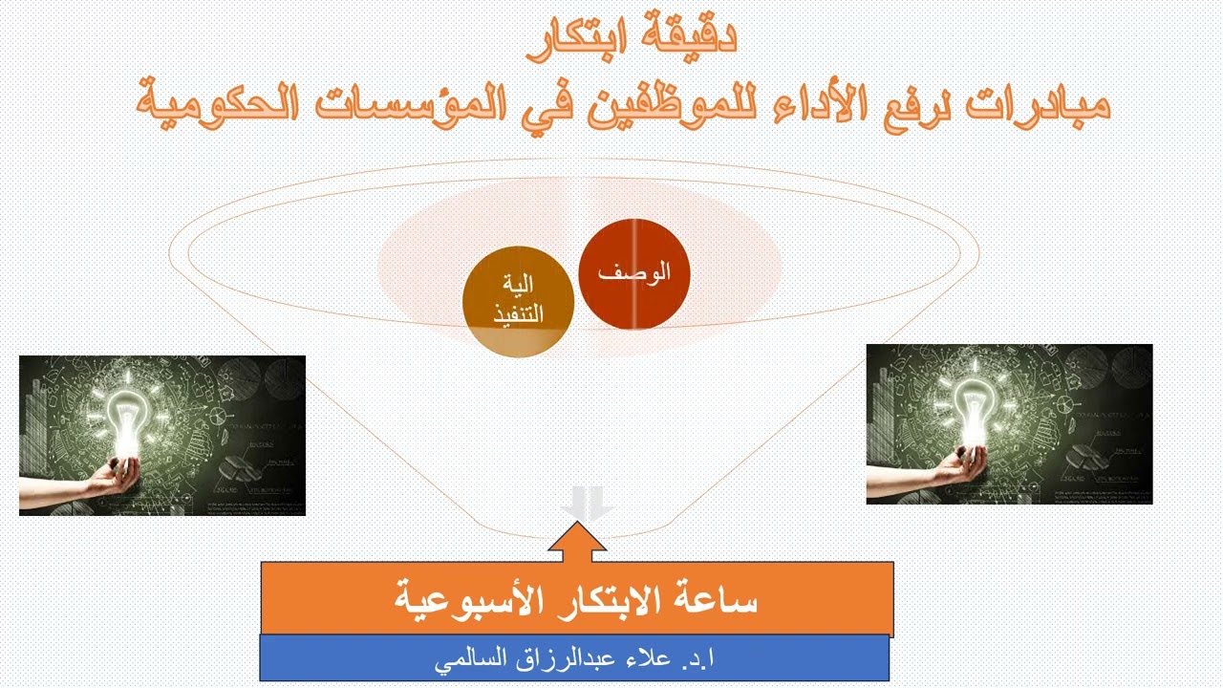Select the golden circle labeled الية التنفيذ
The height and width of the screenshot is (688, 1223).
[x=518, y=301]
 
